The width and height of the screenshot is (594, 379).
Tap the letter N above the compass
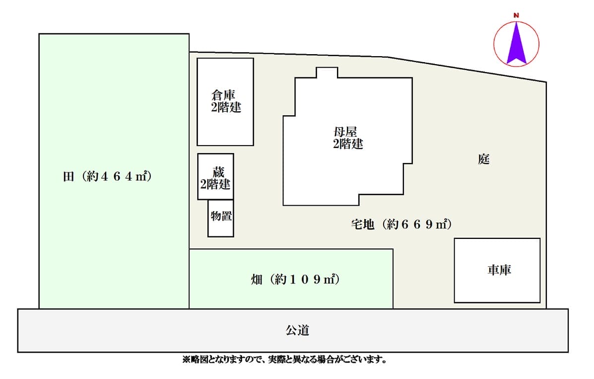[x=517, y=15]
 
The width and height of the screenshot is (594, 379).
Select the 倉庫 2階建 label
[x=226, y=101]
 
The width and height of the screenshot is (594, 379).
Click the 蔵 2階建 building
[x=215, y=176]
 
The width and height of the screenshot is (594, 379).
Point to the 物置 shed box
[x=220, y=218]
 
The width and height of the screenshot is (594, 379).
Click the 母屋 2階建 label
[x=348, y=138]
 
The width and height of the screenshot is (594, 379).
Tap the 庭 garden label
[x=484, y=159]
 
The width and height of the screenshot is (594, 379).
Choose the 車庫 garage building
[x=497, y=271]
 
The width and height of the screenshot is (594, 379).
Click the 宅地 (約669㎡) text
[x=401, y=224]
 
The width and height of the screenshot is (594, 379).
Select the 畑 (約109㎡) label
[x=295, y=280]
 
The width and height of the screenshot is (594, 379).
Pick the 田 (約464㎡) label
[x=107, y=176]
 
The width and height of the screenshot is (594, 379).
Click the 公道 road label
[x=297, y=330]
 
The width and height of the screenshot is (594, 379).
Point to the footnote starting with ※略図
[x=284, y=359]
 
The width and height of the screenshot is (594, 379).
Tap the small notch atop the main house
[x=327, y=73]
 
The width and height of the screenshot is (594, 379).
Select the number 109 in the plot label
[x=305, y=280]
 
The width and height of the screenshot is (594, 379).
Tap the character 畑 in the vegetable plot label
[x=257, y=280]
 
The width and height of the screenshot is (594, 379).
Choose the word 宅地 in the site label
[x=363, y=224]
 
